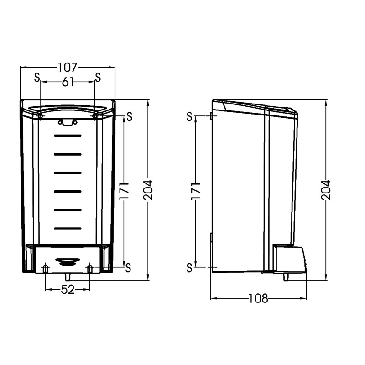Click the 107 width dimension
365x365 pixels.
pyautogui.click(x=67, y=67)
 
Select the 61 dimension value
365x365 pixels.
pyautogui.click(x=68, y=82)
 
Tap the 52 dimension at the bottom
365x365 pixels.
pyautogui.click(x=68, y=290)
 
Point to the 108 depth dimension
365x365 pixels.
pyautogui.click(x=258, y=298)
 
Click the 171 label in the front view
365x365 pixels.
pyautogui.click(x=124, y=191)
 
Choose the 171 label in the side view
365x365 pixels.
pyautogui.click(x=196, y=191)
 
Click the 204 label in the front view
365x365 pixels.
pyautogui.click(x=148, y=190)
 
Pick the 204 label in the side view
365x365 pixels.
pyautogui.click(x=326, y=190)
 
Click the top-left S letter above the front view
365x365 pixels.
pyautogui.click(x=37, y=77)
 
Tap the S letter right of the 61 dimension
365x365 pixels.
pyautogui.click(x=98, y=77)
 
